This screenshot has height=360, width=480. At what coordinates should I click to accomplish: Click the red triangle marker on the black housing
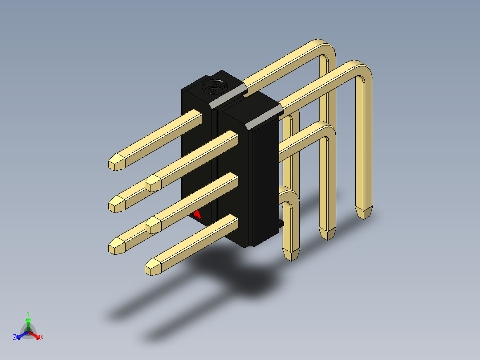coord(197,215)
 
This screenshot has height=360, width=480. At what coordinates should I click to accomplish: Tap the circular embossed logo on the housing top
coord(214,86)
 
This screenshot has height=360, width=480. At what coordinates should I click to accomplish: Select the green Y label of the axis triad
coord(28,314)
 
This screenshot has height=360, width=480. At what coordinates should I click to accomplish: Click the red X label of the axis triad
coord(42,337)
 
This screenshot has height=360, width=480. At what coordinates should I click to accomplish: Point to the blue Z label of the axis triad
coord(15,337)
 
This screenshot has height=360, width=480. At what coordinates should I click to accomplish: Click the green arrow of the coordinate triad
coord(28,324)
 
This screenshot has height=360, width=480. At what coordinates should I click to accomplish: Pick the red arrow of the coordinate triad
coord(35,335)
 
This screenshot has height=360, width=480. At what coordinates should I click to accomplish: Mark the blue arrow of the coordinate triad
coord(22,335)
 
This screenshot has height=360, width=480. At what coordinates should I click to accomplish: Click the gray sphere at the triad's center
coord(28,331)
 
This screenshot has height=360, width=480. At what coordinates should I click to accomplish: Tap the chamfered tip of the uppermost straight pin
coord(117,162)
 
